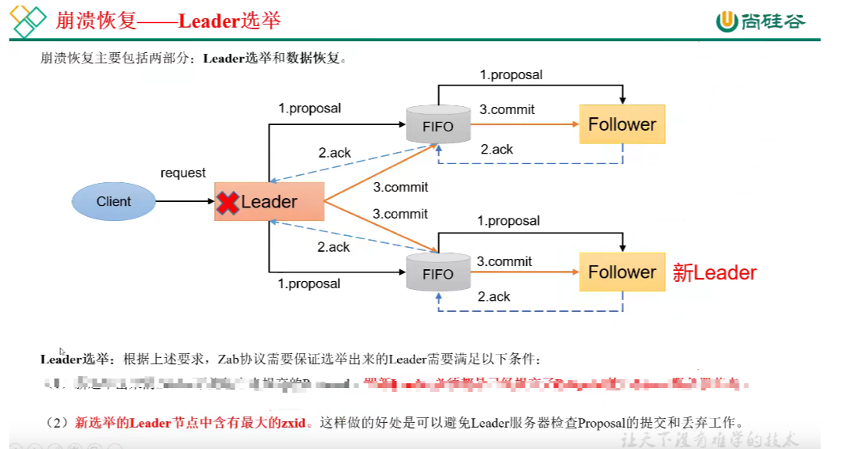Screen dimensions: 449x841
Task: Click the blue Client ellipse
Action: coord(113,201)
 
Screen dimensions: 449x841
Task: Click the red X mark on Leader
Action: coord(227,202)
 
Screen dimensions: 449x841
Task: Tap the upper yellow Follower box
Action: coord(622,124)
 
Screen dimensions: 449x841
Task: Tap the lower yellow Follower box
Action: coord(622,272)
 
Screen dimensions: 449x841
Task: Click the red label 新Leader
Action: coord(714,273)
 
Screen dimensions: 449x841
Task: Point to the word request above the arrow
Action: coord(183,173)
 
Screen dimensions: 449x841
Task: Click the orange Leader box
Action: coord(270,202)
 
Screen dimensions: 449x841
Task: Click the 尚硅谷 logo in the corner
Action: coord(761,21)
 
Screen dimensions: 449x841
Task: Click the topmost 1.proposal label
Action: coord(511,75)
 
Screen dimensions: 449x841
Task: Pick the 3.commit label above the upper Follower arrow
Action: coord(507,110)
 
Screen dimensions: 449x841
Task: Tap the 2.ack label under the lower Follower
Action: coord(494,297)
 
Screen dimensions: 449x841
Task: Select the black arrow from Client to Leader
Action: coord(185,201)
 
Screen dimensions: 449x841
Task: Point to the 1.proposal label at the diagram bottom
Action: coord(309,283)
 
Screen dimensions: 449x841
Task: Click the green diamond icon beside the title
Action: coord(27,21)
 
